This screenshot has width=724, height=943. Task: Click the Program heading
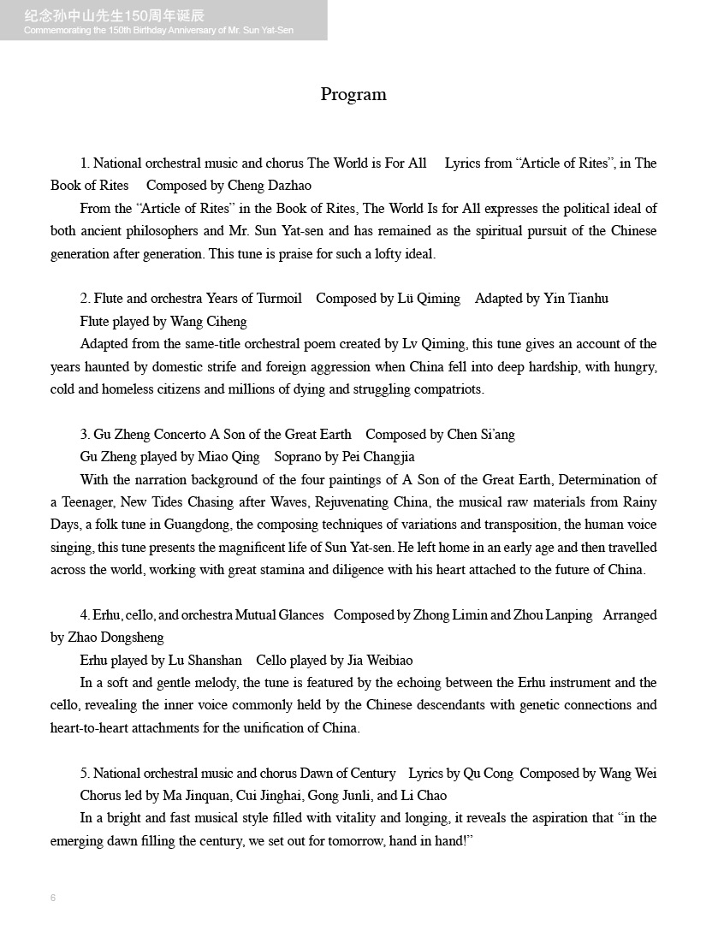point(353,94)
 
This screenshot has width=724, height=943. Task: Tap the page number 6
point(53,898)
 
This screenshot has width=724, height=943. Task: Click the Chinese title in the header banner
point(115,15)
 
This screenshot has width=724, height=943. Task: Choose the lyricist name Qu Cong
point(488,774)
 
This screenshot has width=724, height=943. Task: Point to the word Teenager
point(86,502)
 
